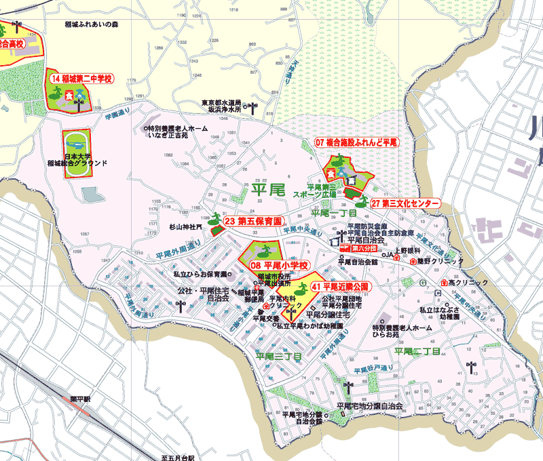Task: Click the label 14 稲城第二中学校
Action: click(81, 79)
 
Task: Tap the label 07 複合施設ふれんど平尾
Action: click(356, 142)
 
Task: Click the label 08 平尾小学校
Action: click(280, 265)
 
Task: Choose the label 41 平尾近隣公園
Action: click(340, 287)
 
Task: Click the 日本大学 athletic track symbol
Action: click(77, 144)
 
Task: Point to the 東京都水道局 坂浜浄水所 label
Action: click(222, 105)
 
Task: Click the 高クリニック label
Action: click(468, 283)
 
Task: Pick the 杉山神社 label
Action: click(185, 227)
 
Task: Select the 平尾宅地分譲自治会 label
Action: click(369, 406)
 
